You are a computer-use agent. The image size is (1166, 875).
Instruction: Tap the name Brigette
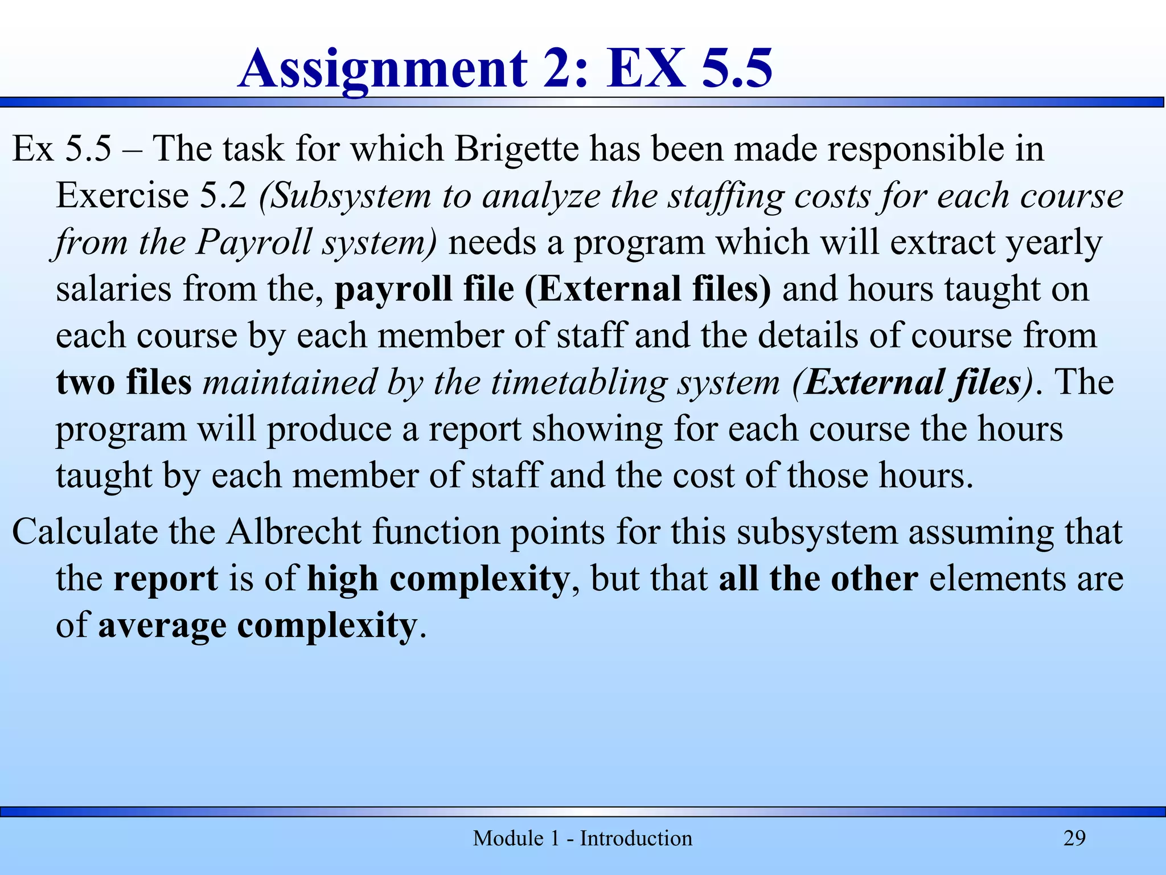(516, 149)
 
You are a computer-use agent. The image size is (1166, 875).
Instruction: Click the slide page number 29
(1074, 838)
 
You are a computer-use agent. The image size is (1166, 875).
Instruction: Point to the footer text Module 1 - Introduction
(582, 838)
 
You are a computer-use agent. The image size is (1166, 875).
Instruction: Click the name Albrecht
(294, 532)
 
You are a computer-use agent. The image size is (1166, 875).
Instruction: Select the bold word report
(166, 579)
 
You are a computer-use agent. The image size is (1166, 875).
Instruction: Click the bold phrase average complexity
(258, 625)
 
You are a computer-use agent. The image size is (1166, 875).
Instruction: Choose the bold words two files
(124, 382)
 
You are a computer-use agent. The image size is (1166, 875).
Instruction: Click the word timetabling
(578, 382)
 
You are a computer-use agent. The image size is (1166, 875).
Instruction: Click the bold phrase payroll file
(424, 289)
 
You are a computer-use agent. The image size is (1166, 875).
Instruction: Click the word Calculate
(84, 532)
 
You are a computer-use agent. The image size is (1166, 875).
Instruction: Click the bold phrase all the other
(818, 579)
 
